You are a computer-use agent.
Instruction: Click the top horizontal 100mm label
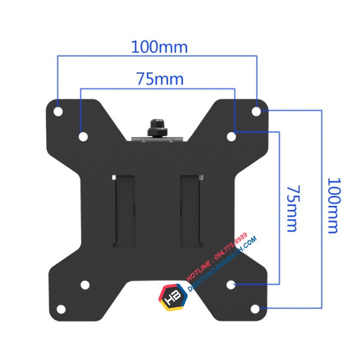(159, 47)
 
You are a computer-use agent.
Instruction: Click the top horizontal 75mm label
(160, 79)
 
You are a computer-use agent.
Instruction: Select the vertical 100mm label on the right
(334, 205)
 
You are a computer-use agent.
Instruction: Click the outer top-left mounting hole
(58, 111)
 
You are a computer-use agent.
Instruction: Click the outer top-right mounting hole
(256, 111)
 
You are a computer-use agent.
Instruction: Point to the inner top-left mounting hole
(83, 136)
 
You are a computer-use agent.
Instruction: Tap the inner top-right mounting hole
(231, 136)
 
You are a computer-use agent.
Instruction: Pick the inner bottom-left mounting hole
(85, 285)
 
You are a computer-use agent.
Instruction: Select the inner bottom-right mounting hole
(230, 285)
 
